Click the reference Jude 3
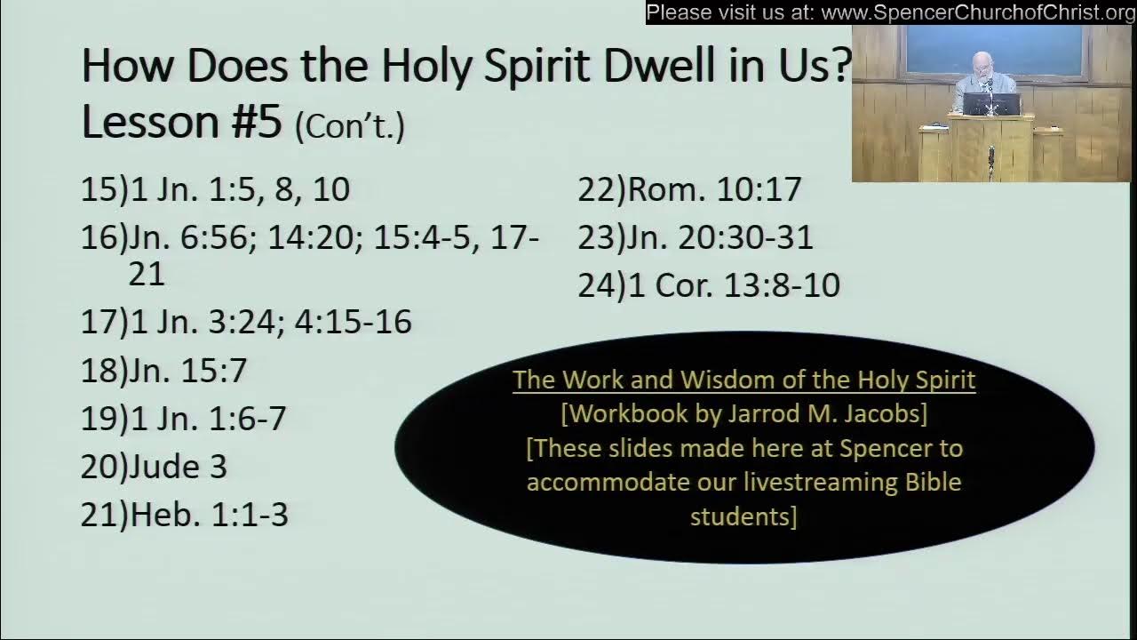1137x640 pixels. coord(178,467)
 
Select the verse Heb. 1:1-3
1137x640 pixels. coord(209,515)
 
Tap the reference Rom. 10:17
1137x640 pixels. coord(714,188)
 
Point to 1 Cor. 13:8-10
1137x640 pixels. coord(733,285)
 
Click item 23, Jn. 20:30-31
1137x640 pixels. coord(720,237)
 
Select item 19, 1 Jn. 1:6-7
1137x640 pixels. coord(208,419)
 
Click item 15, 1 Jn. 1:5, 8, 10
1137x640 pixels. coord(240,188)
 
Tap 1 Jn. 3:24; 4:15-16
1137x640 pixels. coord(271,322)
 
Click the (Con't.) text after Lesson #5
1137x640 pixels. coord(350,126)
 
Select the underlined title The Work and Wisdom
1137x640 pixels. coord(743,380)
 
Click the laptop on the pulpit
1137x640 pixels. coord(990,105)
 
